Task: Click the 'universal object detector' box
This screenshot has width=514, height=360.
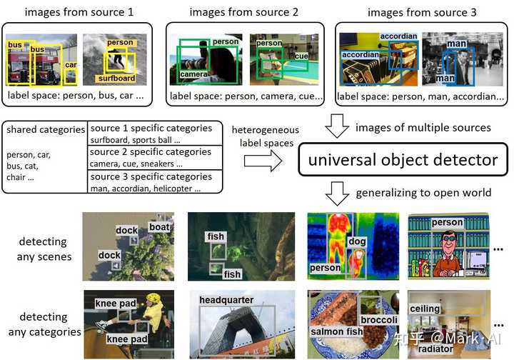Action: [x=403, y=159]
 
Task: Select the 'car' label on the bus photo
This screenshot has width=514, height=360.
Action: [x=70, y=65]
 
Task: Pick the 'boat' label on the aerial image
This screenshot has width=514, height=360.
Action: [x=159, y=227]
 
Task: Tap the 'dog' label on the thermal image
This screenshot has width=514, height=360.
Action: [x=357, y=242]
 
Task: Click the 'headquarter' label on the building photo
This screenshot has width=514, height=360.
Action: [x=226, y=299]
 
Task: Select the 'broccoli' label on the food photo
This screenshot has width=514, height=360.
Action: [x=378, y=321]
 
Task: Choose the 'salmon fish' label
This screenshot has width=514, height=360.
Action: [x=336, y=332]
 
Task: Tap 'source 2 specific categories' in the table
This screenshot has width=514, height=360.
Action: [x=151, y=152]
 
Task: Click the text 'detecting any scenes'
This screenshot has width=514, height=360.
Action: [x=44, y=249]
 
